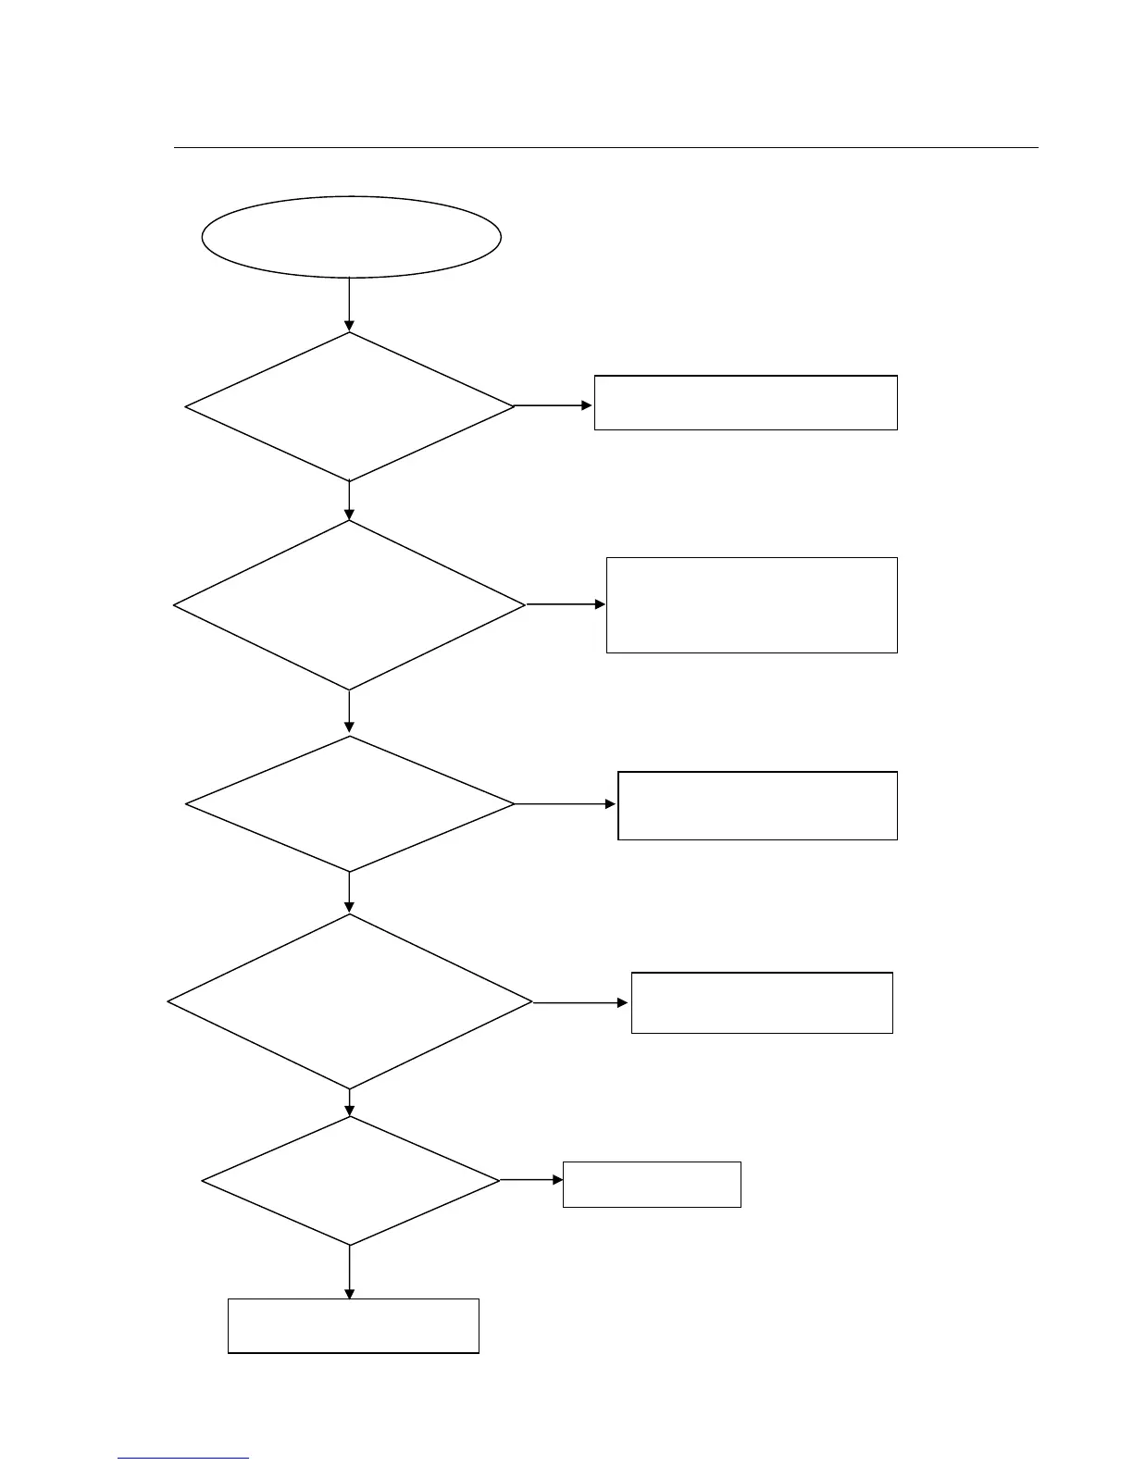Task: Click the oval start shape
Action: pyautogui.click(x=352, y=236)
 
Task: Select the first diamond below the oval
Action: pyautogui.click(x=350, y=406)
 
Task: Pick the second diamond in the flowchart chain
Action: pyautogui.click(x=350, y=605)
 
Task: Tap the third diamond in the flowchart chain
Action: pyautogui.click(x=350, y=803)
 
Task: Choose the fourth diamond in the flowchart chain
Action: pyautogui.click(x=350, y=1001)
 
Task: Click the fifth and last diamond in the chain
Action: pyautogui.click(x=350, y=1181)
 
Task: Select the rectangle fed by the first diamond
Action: pyautogui.click(x=745, y=403)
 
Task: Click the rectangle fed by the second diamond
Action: pyautogui.click(x=752, y=605)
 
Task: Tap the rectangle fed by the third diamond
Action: pyautogui.click(x=757, y=805)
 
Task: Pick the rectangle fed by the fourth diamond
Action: pyautogui.click(x=762, y=1002)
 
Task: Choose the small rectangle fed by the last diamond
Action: pyautogui.click(x=652, y=1184)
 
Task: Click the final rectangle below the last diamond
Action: pyautogui.click(x=353, y=1325)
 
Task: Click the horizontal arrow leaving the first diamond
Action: pyautogui.click(x=554, y=405)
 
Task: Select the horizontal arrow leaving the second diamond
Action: pyautogui.click(x=566, y=604)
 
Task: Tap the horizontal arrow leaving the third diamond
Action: pyautogui.click(x=566, y=804)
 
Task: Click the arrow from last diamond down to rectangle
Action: pyautogui.click(x=349, y=1272)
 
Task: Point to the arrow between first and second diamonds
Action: pyautogui.click(x=349, y=501)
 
